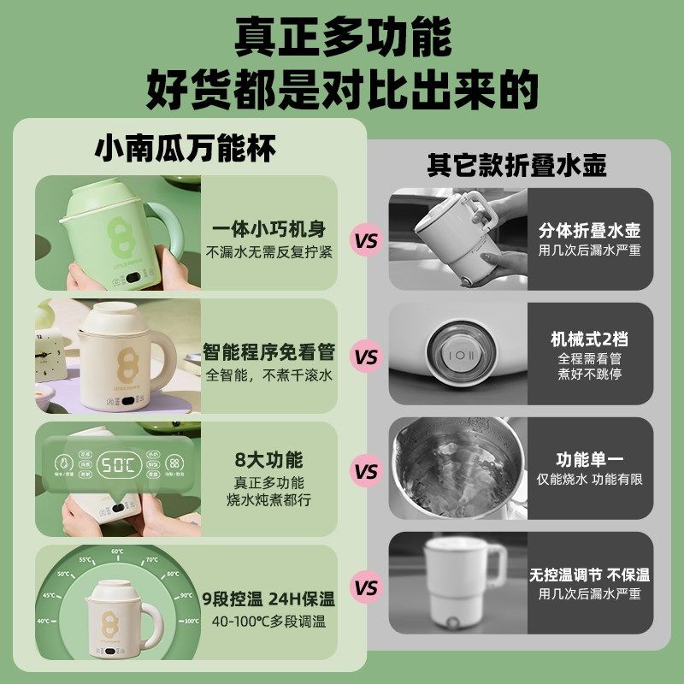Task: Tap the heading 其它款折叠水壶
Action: click(516, 165)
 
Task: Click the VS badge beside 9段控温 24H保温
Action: click(366, 588)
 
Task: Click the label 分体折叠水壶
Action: click(590, 231)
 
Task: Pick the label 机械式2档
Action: click(589, 339)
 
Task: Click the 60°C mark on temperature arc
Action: click(116, 551)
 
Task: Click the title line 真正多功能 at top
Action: click(342, 37)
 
